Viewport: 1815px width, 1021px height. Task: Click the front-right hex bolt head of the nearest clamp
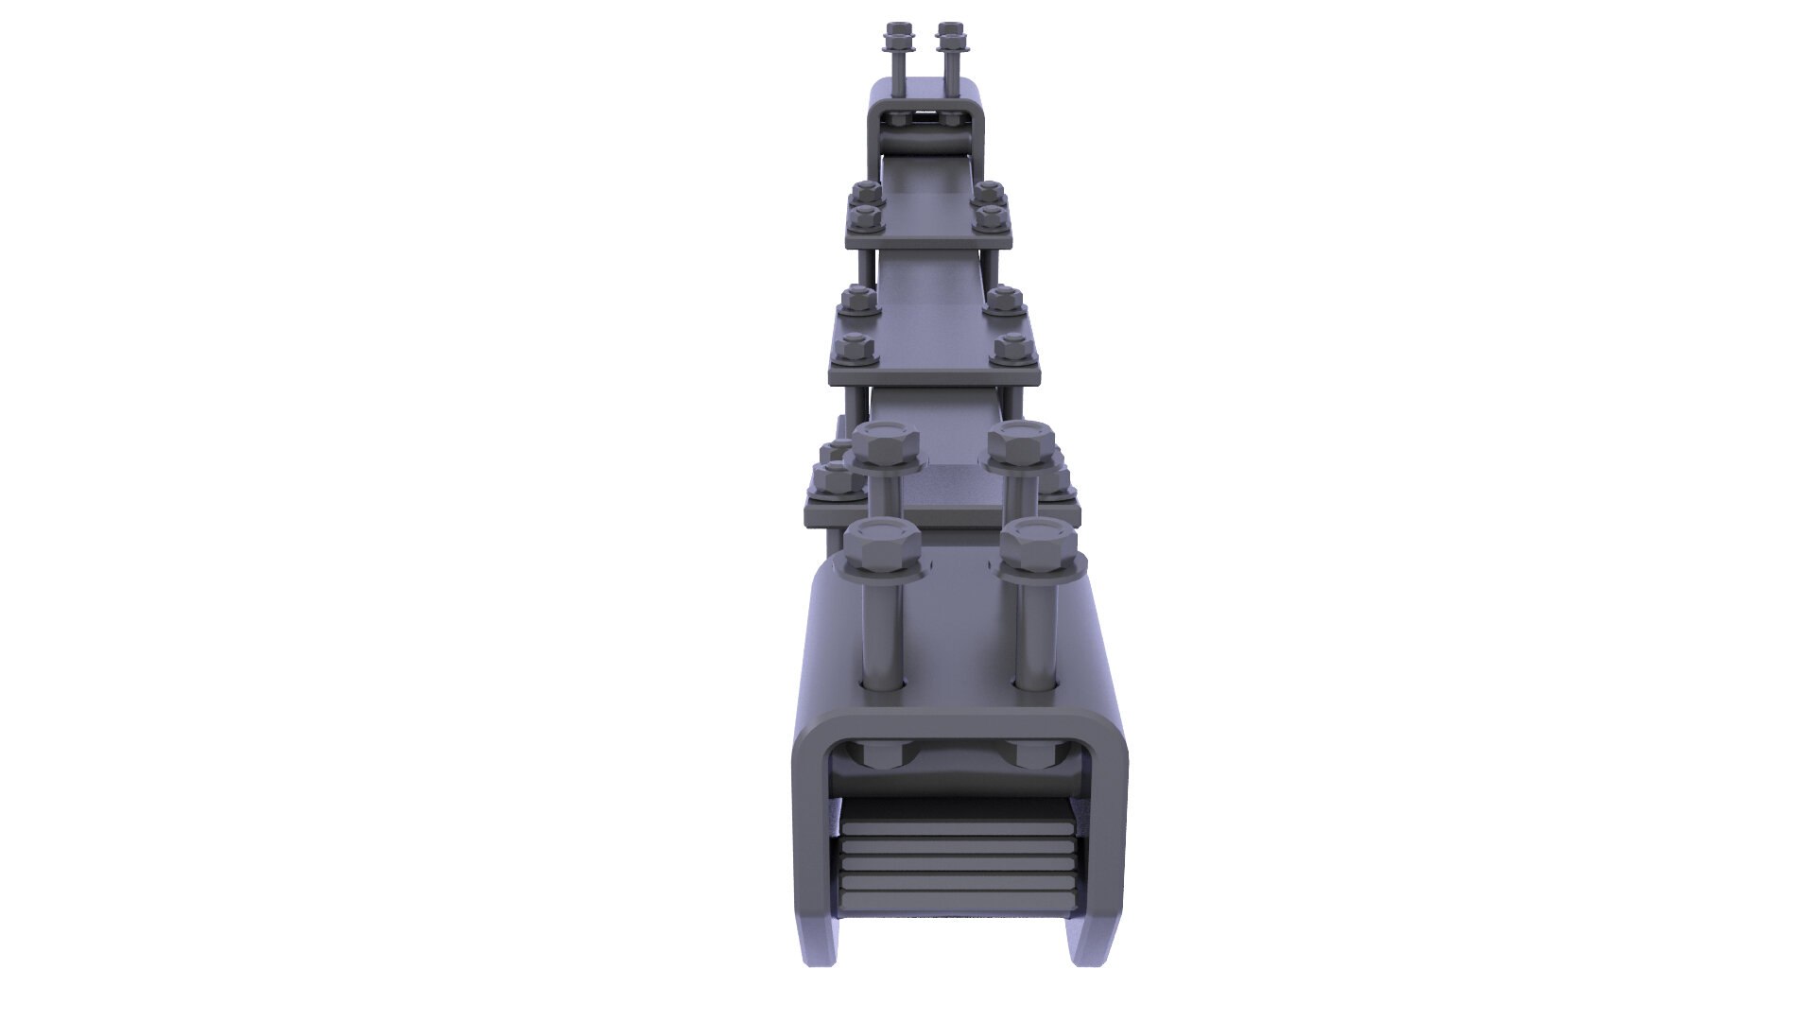[x=1037, y=546]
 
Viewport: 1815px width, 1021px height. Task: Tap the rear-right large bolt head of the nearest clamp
[x=1021, y=442]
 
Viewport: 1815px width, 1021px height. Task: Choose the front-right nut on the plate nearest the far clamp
[x=991, y=217]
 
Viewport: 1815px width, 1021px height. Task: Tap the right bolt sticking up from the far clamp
[x=948, y=57]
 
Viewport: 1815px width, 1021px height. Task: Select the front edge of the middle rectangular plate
[x=934, y=377]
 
